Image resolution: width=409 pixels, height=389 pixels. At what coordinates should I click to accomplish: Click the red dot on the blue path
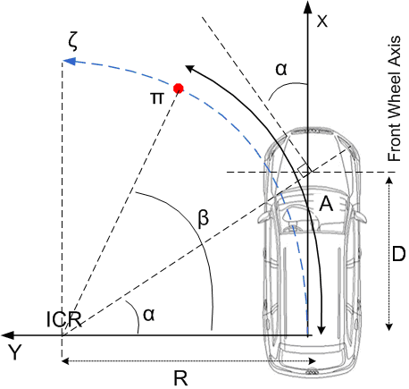coord(179,89)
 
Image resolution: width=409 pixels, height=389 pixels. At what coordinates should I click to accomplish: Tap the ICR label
coord(64,319)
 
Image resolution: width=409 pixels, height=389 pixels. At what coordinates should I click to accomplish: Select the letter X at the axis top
coord(322,21)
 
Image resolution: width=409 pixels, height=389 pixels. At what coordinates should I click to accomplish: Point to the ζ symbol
coord(72,42)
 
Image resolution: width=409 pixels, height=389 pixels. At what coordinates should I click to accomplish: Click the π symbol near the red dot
coord(157,97)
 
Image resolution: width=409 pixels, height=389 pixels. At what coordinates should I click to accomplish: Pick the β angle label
coord(204,219)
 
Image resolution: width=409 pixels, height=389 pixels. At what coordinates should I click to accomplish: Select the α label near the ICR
coord(149,315)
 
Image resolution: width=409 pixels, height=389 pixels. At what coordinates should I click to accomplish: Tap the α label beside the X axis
coord(281,69)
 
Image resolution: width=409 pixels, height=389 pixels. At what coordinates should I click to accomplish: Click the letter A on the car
coord(326,205)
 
